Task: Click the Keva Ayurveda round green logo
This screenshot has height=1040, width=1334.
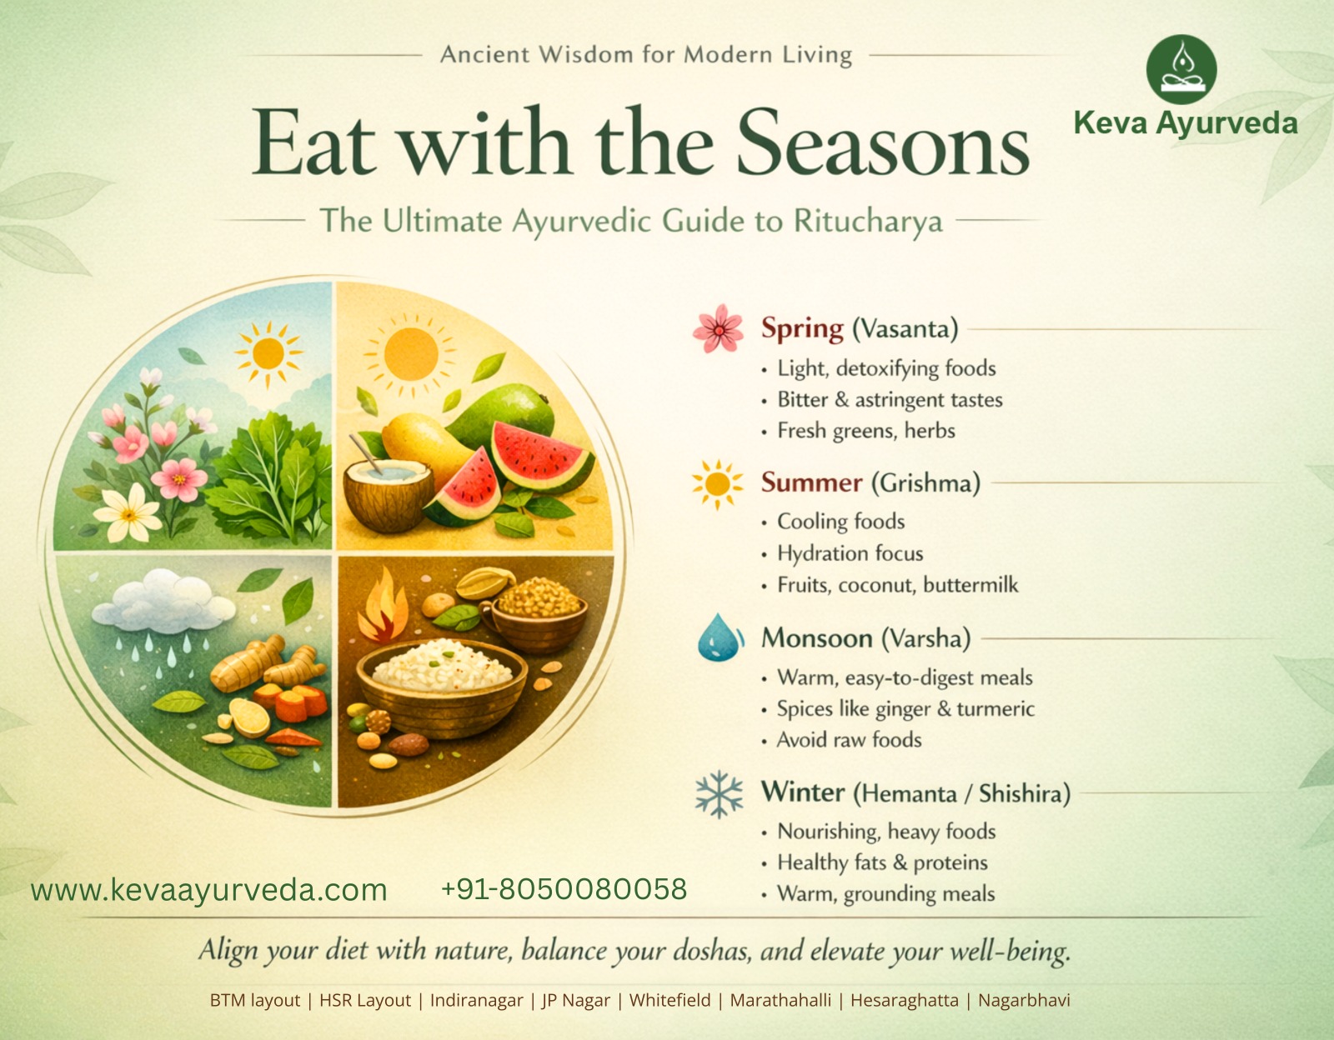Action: (x=1181, y=69)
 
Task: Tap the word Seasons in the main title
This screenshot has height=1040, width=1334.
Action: (x=883, y=143)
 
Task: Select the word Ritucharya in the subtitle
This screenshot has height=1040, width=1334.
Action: (x=867, y=222)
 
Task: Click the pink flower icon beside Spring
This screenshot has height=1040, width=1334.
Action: (x=718, y=329)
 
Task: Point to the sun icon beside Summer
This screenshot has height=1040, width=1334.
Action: (x=717, y=484)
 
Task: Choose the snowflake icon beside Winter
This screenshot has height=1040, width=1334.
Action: (x=719, y=794)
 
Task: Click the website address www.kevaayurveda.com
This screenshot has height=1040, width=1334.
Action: (x=208, y=890)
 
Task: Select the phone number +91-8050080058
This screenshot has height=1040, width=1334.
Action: (x=564, y=889)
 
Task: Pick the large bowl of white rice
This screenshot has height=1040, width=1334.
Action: (x=441, y=686)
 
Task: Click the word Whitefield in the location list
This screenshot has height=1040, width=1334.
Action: (x=670, y=1000)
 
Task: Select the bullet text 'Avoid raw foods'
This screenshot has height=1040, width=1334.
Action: (x=849, y=740)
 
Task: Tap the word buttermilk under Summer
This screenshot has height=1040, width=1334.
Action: (x=970, y=585)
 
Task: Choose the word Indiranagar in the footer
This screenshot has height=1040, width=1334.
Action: (x=476, y=1001)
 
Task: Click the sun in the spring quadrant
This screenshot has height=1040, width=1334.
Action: (x=268, y=353)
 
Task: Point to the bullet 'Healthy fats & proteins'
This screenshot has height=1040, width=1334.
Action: (x=882, y=862)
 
